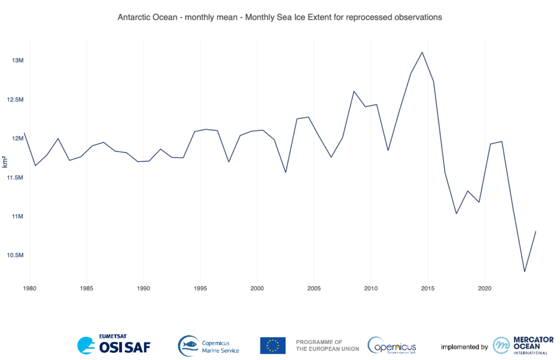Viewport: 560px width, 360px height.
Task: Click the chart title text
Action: (x=279, y=18)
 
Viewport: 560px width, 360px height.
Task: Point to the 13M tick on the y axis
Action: (x=17, y=60)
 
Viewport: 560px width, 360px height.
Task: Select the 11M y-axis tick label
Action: (x=17, y=217)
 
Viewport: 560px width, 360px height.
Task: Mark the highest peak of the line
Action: (x=422, y=53)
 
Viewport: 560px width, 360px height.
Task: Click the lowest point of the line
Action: (x=524, y=271)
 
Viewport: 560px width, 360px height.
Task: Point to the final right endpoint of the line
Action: (x=536, y=231)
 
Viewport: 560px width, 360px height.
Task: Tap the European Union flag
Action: (x=272, y=345)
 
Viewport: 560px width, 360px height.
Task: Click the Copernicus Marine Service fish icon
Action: (x=188, y=345)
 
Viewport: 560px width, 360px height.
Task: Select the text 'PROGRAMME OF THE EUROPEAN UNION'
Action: (x=327, y=345)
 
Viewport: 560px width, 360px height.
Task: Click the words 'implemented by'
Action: (x=464, y=347)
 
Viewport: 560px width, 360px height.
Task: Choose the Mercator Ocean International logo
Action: (x=523, y=345)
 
